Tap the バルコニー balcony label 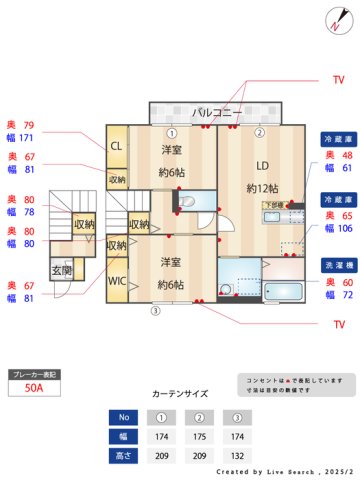click(x=217, y=112)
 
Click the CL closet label click(x=116, y=146)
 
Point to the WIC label click(x=117, y=282)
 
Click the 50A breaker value click(x=33, y=390)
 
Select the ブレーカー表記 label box click(x=33, y=374)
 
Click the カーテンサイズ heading click(x=180, y=395)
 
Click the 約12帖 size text click(x=262, y=187)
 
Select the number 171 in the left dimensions click(x=27, y=138)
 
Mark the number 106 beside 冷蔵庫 click(x=347, y=228)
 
